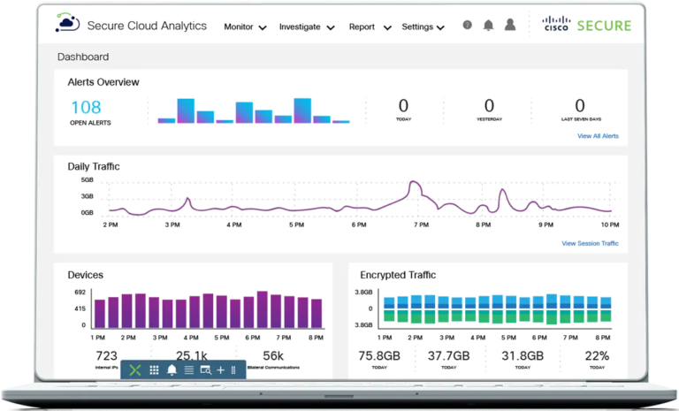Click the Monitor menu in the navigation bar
coord(245,27)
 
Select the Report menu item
coord(368,27)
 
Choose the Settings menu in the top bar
coord(423,27)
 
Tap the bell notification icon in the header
coord(488,26)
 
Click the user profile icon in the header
coord(510,26)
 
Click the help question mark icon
coord(467,26)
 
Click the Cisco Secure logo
coord(587,26)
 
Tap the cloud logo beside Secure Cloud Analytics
coord(67,25)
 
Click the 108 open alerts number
coord(90,107)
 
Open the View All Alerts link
coord(598,136)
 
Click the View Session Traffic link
coord(590,243)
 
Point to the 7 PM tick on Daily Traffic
coord(422,225)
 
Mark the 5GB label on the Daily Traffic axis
coord(88,180)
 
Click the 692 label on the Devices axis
coord(80,292)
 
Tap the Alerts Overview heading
coord(103,82)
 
